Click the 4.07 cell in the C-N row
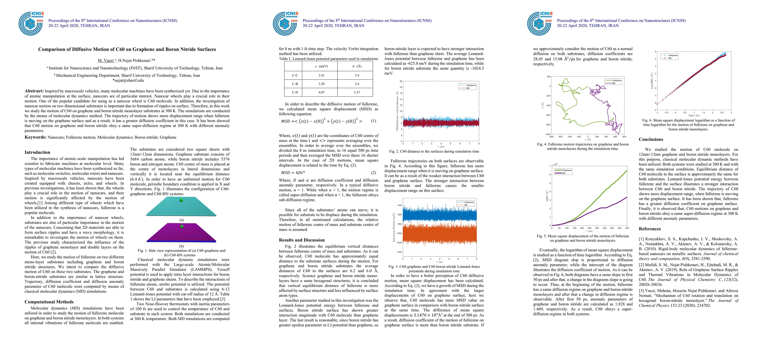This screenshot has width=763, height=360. tap(321, 92)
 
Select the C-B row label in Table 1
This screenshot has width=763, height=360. tap(295, 84)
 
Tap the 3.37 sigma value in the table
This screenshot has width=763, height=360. tap(357, 92)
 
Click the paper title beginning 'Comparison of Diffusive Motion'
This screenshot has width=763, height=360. tap(127, 49)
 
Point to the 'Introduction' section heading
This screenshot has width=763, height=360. tap(37, 152)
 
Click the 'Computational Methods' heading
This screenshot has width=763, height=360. tap(49, 302)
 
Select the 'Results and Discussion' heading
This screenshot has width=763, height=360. tap(302, 240)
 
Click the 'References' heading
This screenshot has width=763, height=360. tap(650, 229)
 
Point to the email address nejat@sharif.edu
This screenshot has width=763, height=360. tap(128, 80)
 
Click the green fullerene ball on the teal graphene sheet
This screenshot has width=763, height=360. tap(181, 200)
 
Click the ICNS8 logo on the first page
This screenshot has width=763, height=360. tap(31, 24)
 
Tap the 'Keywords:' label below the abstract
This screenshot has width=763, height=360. tap(35, 137)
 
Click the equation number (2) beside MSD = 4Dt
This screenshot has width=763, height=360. tap(373, 172)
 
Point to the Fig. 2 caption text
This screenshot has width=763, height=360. tap(434, 151)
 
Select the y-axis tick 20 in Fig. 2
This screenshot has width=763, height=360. tap(401, 81)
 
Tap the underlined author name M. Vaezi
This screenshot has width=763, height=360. tap(106, 61)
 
